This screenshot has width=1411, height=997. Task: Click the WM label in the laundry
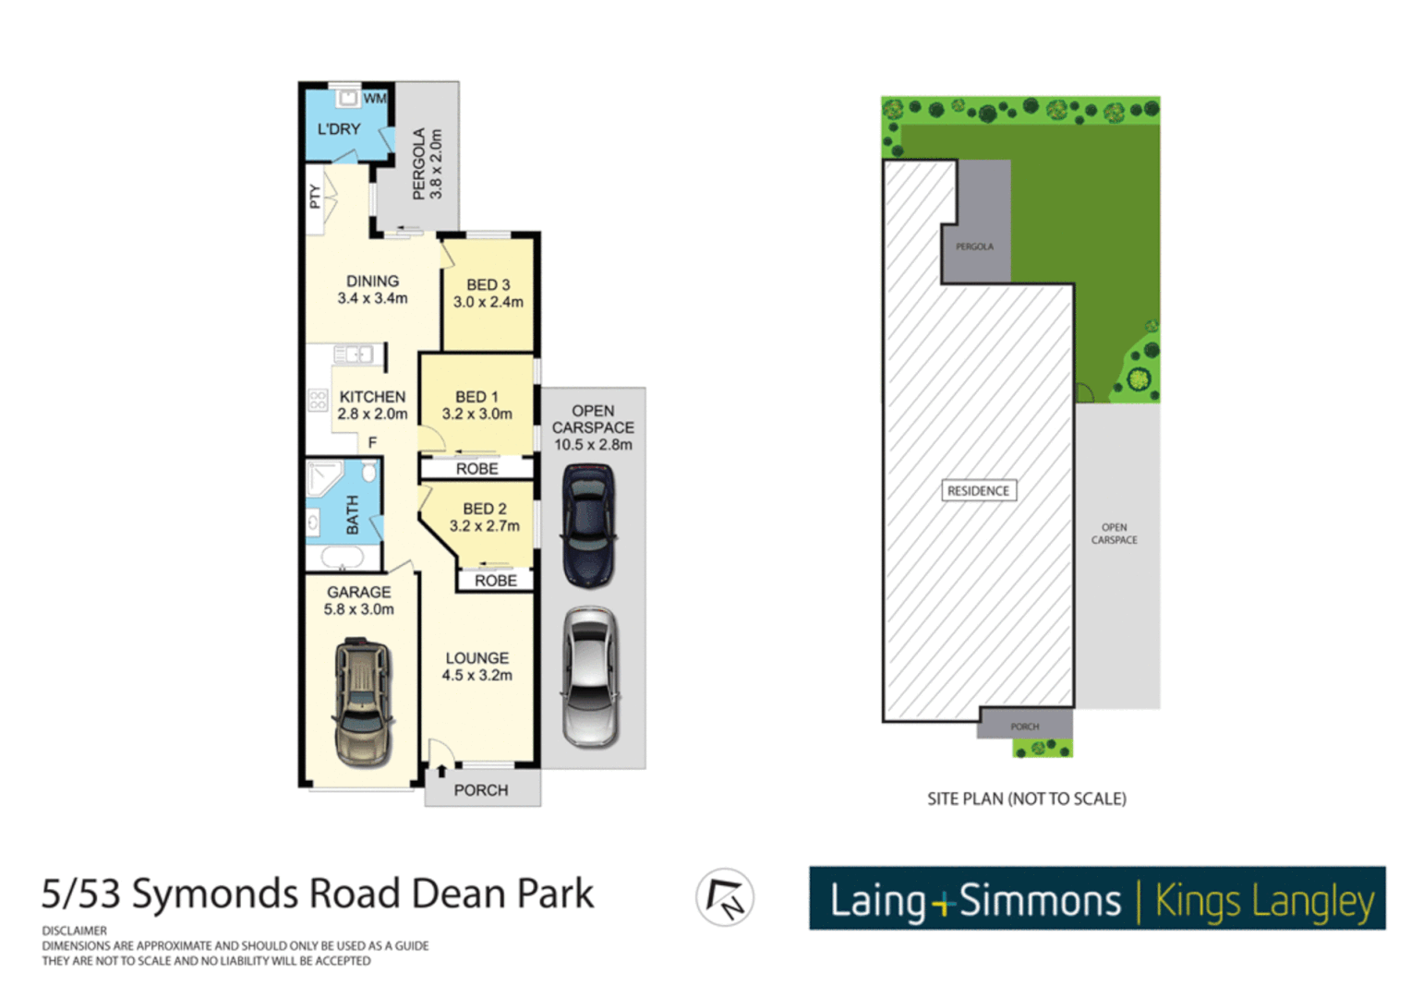tap(374, 99)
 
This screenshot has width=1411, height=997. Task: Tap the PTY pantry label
tap(315, 197)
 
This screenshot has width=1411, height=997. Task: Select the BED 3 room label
tap(488, 285)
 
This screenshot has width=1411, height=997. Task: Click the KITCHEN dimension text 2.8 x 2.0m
tap(372, 414)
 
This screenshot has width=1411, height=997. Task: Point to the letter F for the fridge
tap(372, 443)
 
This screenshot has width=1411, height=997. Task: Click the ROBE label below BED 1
tap(476, 469)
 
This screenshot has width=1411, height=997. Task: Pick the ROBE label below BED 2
tap(495, 581)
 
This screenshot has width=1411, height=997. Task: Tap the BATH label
tap(352, 514)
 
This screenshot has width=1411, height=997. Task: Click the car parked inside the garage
tap(363, 703)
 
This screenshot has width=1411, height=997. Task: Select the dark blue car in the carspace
tap(589, 524)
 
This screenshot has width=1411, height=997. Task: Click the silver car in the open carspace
tap(590, 676)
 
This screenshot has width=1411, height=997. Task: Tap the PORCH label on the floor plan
tap(480, 790)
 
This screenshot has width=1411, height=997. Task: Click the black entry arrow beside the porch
tap(441, 770)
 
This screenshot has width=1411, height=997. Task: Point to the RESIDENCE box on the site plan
tap(978, 491)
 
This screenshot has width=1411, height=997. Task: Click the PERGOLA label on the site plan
tap(974, 246)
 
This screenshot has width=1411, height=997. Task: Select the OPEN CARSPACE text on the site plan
tap(1114, 534)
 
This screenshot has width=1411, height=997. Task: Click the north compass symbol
tap(725, 897)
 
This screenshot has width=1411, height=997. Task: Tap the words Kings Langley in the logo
tap(1264, 900)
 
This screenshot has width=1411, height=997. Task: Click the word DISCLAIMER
tap(74, 931)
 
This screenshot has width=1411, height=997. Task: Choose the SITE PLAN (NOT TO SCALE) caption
tap(1026, 799)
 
